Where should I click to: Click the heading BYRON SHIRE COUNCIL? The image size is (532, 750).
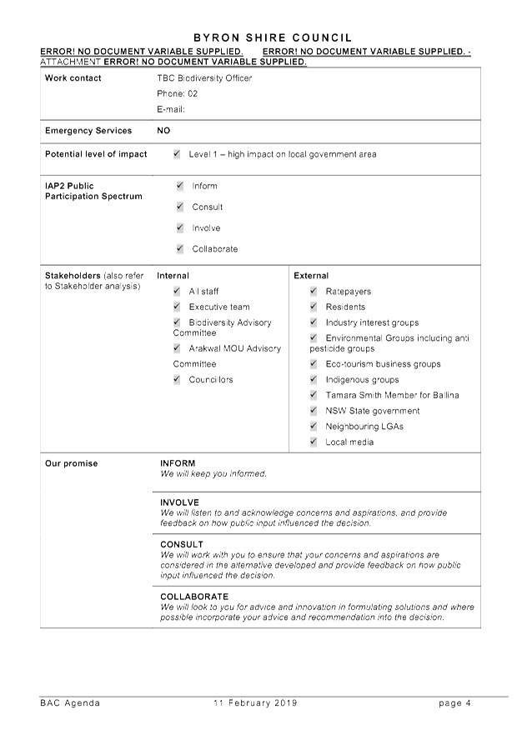pyautogui.click(x=272, y=37)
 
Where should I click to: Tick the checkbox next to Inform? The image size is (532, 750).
pyautogui.click(x=180, y=186)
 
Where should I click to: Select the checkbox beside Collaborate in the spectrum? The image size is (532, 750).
pyautogui.click(x=180, y=248)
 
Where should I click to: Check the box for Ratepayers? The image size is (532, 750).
pyautogui.click(x=314, y=291)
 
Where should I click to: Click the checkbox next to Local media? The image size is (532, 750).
pyautogui.click(x=314, y=442)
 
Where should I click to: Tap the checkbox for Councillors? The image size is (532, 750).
pyautogui.click(x=177, y=379)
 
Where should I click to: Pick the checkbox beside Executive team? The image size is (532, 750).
pyautogui.click(x=177, y=307)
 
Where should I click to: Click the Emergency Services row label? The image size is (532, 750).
pyautogui.click(x=88, y=131)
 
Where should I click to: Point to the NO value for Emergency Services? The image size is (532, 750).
pyautogui.click(x=163, y=131)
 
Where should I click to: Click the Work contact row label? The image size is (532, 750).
pyautogui.click(x=73, y=78)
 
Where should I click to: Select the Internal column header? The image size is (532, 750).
pyautogui.click(x=173, y=275)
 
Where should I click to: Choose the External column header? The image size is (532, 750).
pyautogui.click(x=311, y=275)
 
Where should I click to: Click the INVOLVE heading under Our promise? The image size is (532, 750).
pyautogui.click(x=179, y=502)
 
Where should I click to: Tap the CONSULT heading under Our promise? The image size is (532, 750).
pyautogui.click(x=182, y=544)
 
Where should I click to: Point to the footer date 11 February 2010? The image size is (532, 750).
pyautogui.click(x=255, y=703)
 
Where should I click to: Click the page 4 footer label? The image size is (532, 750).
pyautogui.click(x=454, y=703)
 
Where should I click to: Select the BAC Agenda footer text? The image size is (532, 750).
pyautogui.click(x=70, y=703)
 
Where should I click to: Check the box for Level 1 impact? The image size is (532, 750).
pyautogui.click(x=177, y=154)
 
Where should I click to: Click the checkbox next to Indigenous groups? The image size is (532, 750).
pyautogui.click(x=314, y=379)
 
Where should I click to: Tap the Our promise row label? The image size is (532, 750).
pyautogui.click(x=72, y=463)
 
